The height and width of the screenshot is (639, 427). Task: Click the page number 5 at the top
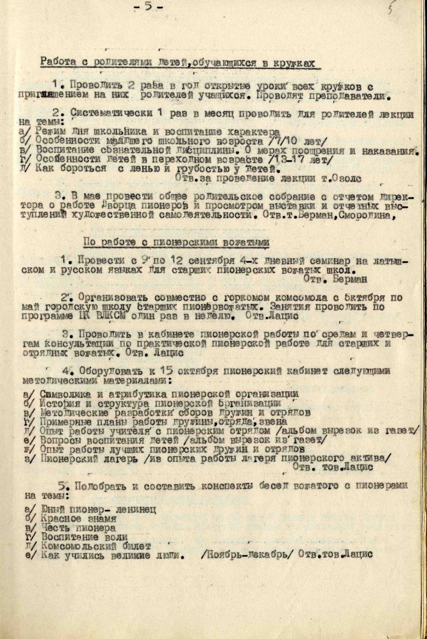point(148,7)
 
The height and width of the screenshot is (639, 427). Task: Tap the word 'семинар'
point(310,261)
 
